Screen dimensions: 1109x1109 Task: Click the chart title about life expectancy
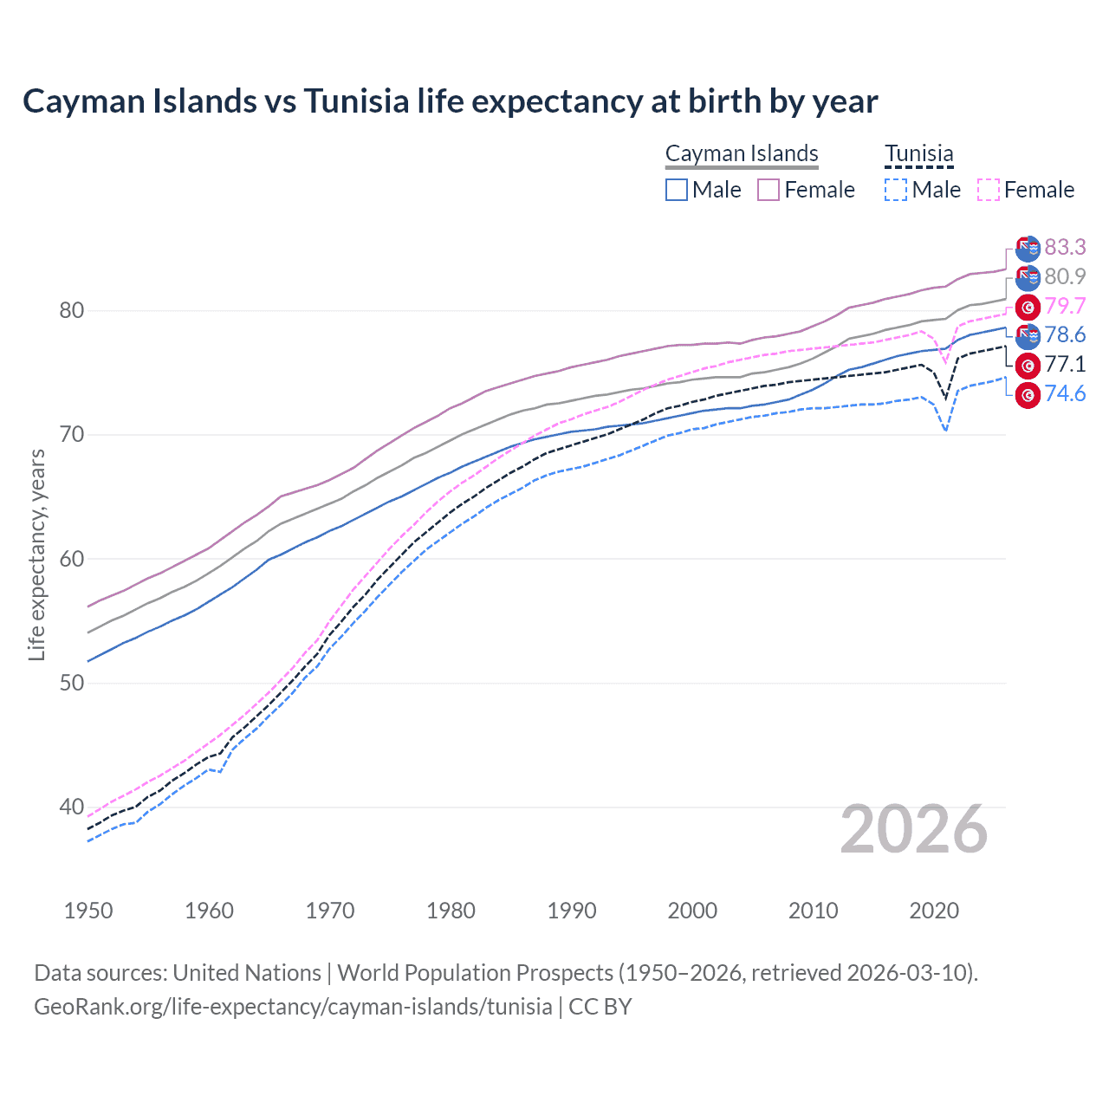point(450,101)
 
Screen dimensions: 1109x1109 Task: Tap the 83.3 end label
point(1065,248)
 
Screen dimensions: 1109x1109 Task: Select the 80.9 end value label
point(1065,276)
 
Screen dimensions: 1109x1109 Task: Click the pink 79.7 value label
point(1065,306)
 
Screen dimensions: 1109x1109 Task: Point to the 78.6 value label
point(1065,335)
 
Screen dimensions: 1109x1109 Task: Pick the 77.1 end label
point(1065,365)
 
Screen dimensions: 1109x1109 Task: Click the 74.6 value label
point(1065,394)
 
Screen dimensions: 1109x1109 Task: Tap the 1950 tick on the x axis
point(88,911)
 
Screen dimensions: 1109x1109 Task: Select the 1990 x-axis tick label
point(572,911)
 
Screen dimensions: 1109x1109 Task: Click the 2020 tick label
point(934,911)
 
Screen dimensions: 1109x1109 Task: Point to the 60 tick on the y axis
point(72,559)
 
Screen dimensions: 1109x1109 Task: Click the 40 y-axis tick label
point(72,807)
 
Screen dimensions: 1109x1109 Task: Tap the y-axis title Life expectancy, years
point(36,554)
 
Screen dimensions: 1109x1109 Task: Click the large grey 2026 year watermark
point(914,830)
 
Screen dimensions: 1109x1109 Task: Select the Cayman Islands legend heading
point(742,153)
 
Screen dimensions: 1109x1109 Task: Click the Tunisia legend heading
point(918,153)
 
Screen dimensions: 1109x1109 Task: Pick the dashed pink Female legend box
point(989,190)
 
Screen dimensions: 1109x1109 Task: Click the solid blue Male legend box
point(677,190)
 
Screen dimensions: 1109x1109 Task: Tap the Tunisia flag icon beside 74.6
point(1028,395)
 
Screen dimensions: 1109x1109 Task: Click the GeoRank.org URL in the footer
point(293,1007)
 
